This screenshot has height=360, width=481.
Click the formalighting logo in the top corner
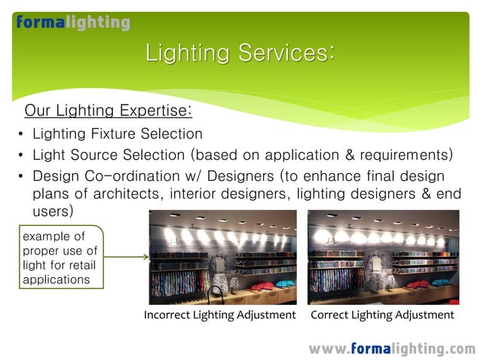click(73, 23)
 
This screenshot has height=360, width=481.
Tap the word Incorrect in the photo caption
click(168, 315)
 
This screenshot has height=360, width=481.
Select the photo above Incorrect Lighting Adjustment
click(222, 256)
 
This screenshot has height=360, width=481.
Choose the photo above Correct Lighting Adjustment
click(384, 256)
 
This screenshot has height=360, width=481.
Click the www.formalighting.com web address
click(391, 349)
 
